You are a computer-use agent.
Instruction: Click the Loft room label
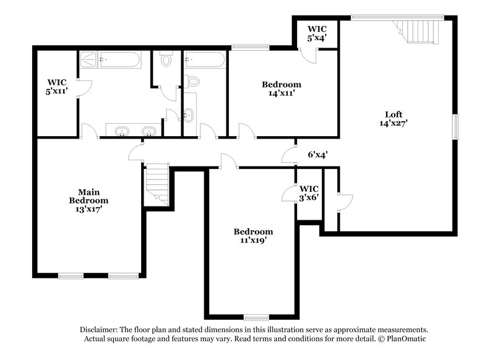tap(394, 118)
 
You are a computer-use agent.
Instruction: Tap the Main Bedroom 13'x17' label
tap(88, 200)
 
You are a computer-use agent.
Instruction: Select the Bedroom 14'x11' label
tap(281, 89)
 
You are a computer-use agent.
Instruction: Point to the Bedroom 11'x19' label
tap(253, 236)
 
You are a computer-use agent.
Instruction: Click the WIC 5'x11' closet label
tap(56, 87)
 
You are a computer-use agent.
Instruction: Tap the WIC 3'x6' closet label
tap(308, 192)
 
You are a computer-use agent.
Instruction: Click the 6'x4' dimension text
tap(317, 155)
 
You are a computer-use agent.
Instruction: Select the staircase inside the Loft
tap(418, 31)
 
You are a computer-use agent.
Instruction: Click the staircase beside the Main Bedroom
tap(157, 184)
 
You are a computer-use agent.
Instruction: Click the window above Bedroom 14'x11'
tap(250, 47)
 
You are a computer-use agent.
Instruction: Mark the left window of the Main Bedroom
tap(71, 276)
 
